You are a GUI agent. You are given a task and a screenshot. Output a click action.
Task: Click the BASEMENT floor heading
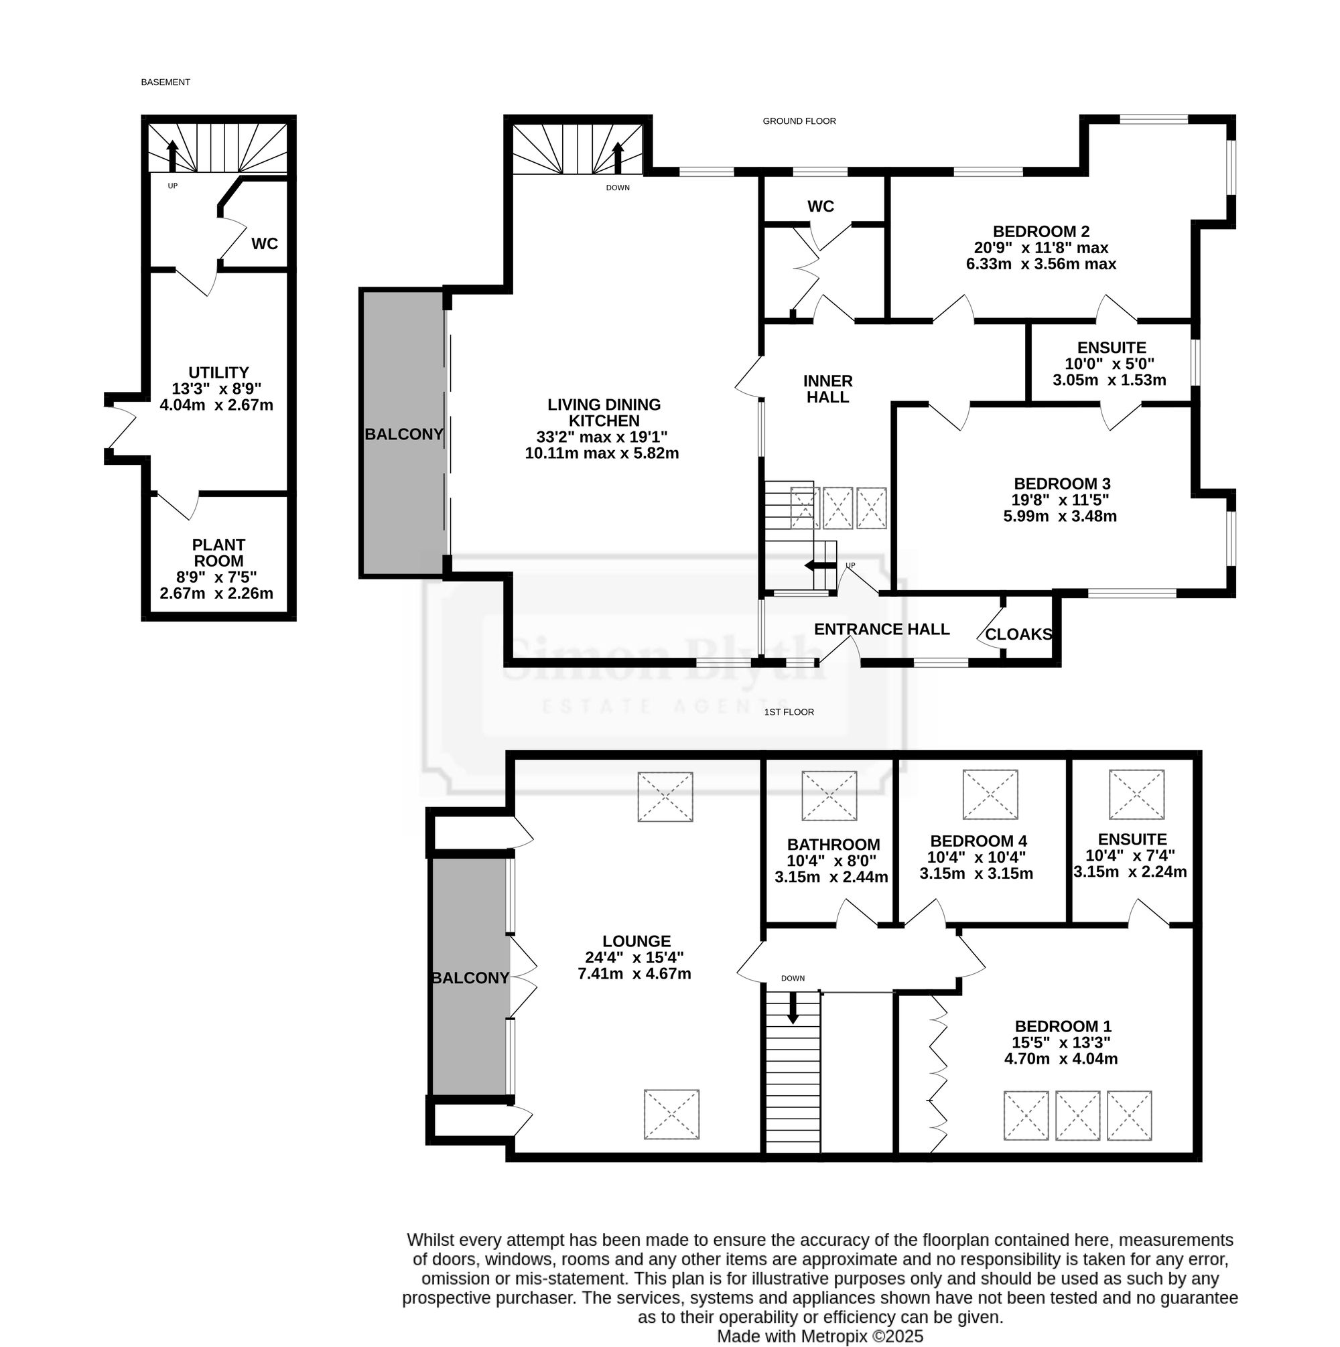(x=165, y=82)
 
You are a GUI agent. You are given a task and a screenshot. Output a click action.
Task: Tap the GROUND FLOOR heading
(x=799, y=121)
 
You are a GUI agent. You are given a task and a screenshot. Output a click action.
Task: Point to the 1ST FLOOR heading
(x=789, y=712)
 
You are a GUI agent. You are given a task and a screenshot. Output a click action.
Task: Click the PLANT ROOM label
(x=219, y=553)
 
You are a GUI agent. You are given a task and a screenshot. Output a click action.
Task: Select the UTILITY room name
(x=218, y=373)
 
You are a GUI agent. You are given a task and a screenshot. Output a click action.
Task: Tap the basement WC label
(x=265, y=244)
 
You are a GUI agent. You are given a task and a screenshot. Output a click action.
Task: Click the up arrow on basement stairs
(x=172, y=155)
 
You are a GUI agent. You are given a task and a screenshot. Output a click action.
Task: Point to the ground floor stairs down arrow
(x=617, y=158)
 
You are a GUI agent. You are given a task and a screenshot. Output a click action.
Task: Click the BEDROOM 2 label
(x=1041, y=232)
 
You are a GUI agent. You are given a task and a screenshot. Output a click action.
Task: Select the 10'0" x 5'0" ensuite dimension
(x=1109, y=364)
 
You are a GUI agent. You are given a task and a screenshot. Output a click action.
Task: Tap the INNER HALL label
(x=828, y=389)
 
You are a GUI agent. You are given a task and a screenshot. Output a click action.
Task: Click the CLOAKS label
(x=1018, y=634)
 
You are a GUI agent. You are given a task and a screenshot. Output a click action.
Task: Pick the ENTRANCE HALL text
(x=882, y=630)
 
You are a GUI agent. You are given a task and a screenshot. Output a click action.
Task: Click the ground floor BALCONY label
(x=404, y=434)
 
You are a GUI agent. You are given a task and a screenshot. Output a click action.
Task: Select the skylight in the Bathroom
(x=829, y=796)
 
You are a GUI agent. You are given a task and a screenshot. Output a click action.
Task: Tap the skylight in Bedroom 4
(x=990, y=794)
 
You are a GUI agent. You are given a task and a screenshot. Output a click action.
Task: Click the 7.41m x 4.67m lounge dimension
(x=634, y=973)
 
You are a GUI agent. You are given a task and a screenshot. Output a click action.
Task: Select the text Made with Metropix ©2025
(x=820, y=1336)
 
